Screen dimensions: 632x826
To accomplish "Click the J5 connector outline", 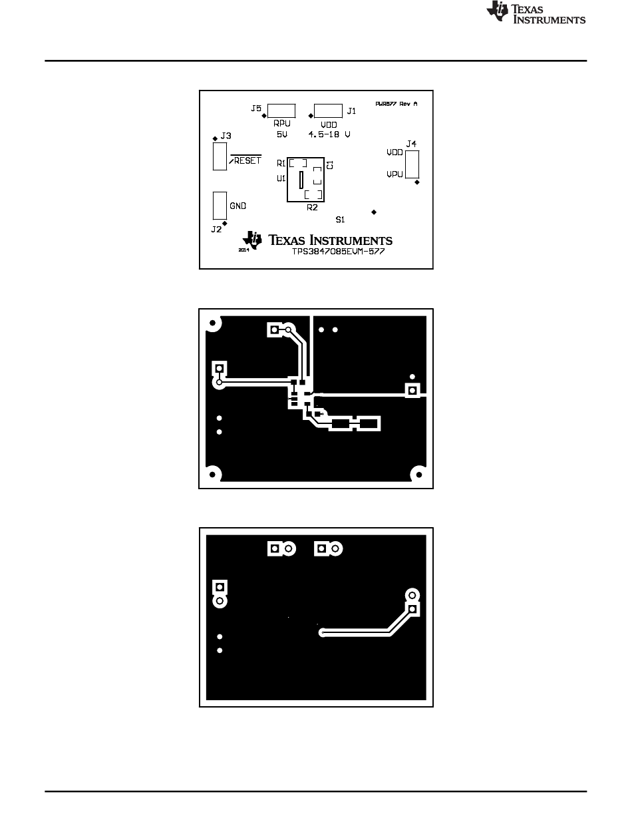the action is (x=283, y=110).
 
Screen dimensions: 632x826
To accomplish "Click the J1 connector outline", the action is (x=327, y=110).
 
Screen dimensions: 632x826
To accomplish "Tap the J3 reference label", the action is (x=226, y=136).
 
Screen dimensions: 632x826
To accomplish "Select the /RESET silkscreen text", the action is (x=245, y=161).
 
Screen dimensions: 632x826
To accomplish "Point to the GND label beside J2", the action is (x=238, y=206).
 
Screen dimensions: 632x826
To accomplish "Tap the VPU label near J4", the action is (x=395, y=175).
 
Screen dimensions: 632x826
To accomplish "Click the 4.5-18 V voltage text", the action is (x=329, y=134).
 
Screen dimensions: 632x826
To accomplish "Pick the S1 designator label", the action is (x=340, y=219).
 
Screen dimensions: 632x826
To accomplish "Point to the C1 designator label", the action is (x=330, y=164).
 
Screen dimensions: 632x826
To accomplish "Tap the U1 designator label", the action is (x=281, y=179).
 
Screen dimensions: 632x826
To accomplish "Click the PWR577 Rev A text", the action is (x=396, y=104).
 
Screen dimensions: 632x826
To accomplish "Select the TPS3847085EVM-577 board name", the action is (x=339, y=252).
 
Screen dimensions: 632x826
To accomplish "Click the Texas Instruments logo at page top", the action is (x=536, y=13).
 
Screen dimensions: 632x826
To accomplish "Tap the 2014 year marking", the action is (x=243, y=250).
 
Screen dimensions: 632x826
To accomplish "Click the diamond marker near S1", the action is (x=374, y=212).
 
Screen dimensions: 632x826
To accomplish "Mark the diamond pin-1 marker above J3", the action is (x=214, y=138).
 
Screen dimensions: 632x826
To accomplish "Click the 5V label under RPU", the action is (x=281, y=134).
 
